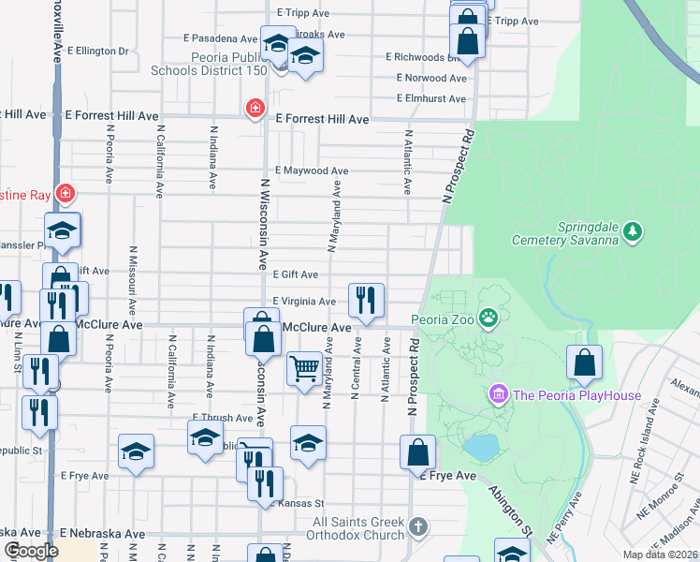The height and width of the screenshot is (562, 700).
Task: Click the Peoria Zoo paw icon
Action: click(489, 319)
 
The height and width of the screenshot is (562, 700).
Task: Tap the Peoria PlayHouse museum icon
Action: click(498, 394)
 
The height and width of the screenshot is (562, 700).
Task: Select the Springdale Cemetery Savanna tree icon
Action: click(634, 230)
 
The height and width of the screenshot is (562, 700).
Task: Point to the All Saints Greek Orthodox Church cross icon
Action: click(417, 528)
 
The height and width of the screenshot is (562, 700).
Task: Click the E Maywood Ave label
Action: click(311, 171)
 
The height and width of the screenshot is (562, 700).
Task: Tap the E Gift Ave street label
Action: click(295, 274)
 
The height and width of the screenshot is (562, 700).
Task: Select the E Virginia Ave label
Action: click(303, 302)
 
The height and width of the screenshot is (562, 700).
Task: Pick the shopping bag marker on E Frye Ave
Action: click(416, 452)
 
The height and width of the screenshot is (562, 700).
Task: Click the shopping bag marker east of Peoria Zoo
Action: click(584, 363)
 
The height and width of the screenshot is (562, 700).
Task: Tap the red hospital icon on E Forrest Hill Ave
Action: click(254, 110)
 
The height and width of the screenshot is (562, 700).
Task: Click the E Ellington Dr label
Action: click(96, 51)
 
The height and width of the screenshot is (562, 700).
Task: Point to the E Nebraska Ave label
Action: click(103, 533)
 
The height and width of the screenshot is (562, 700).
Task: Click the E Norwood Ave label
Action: click(430, 78)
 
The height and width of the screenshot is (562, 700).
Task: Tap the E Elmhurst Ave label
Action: click(430, 98)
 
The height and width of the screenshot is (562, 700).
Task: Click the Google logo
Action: click(31, 551)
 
